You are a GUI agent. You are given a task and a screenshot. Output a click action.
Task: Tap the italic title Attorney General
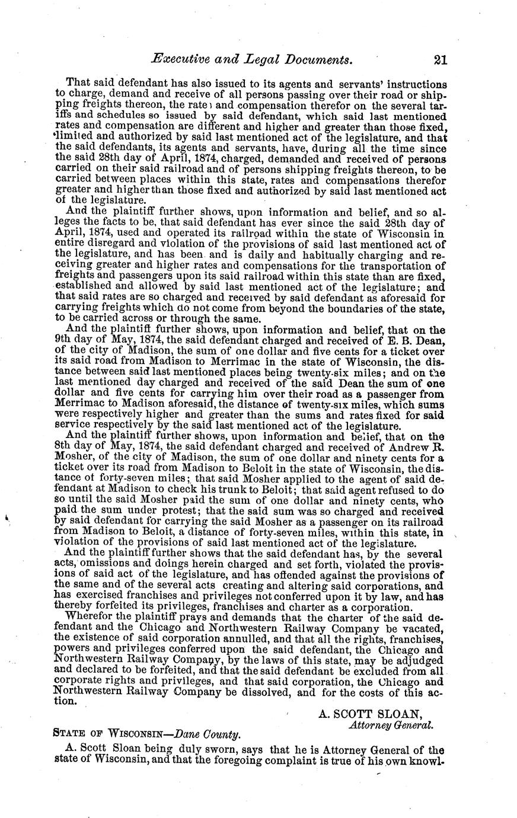(x=391, y=724)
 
